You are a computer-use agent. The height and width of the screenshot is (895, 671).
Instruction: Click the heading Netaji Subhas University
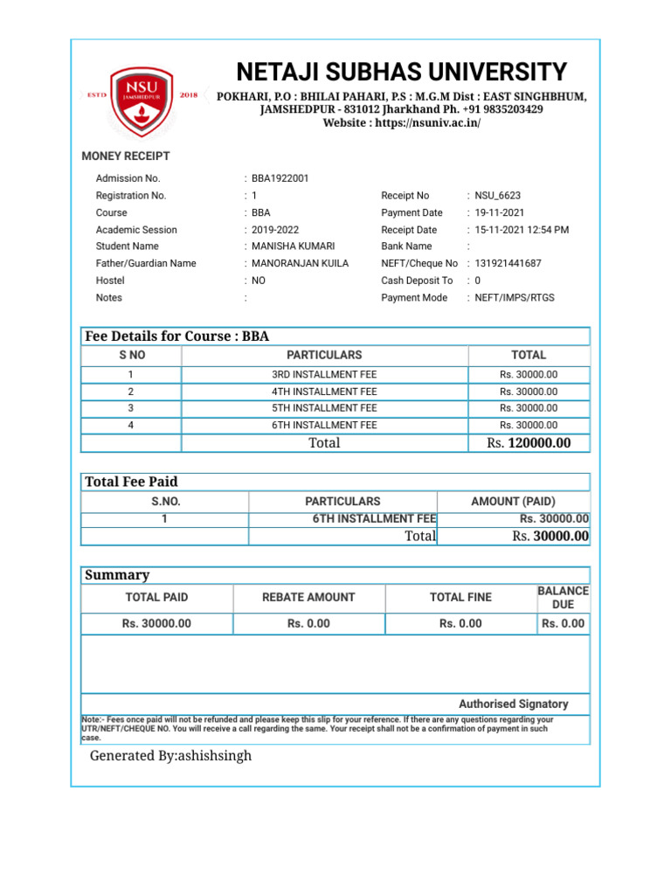click(402, 72)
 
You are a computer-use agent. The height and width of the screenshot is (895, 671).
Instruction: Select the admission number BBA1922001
click(280, 178)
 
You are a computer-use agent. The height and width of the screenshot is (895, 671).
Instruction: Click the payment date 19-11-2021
click(500, 212)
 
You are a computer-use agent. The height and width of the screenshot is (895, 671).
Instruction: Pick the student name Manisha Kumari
click(293, 246)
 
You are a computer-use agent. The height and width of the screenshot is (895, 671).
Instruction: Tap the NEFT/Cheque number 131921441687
click(508, 263)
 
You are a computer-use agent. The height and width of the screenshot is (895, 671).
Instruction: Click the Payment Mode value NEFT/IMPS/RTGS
click(514, 297)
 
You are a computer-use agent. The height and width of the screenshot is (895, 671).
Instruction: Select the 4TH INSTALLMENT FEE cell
click(324, 392)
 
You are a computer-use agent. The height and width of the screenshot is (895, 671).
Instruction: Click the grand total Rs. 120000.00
click(529, 443)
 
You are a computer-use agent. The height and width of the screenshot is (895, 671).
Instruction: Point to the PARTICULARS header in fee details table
click(324, 355)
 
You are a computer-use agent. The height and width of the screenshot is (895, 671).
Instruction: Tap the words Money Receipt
click(126, 156)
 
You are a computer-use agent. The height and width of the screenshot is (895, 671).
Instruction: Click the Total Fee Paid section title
click(131, 482)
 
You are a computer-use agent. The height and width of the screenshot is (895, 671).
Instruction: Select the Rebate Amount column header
click(308, 597)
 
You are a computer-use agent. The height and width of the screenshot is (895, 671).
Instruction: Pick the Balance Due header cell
click(563, 598)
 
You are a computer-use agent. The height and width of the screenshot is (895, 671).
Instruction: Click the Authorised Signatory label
click(513, 704)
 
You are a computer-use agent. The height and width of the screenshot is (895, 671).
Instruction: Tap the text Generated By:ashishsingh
click(170, 755)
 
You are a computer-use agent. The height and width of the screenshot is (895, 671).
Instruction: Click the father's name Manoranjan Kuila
click(300, 263)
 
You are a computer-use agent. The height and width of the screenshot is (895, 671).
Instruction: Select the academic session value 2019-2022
click(275, 230)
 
